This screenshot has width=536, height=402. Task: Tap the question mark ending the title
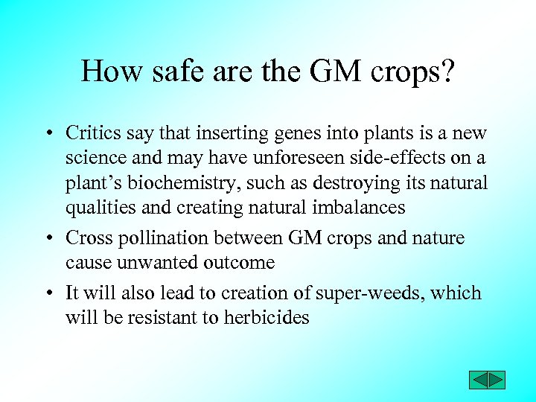coord(445,71)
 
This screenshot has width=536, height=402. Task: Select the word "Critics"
coord(92,133)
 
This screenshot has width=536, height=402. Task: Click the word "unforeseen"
coord(299,158)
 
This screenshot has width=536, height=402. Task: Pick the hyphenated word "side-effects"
coord(403,158)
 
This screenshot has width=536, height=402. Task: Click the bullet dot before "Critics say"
coord(47,135)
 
